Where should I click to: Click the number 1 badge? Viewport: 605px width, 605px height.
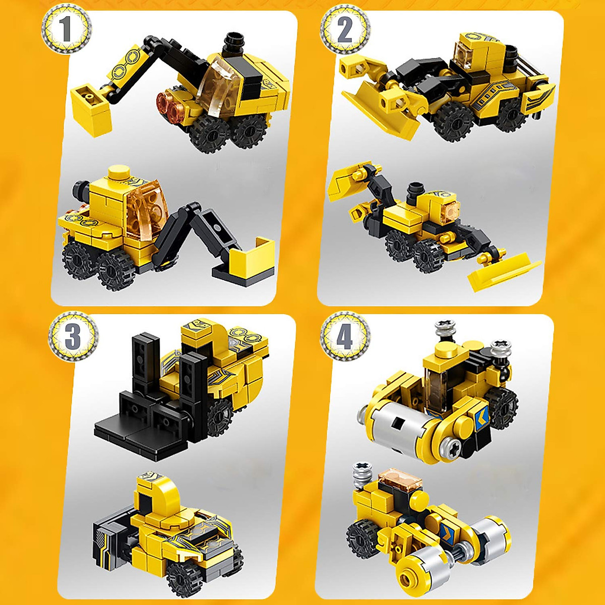click(66, 29)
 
